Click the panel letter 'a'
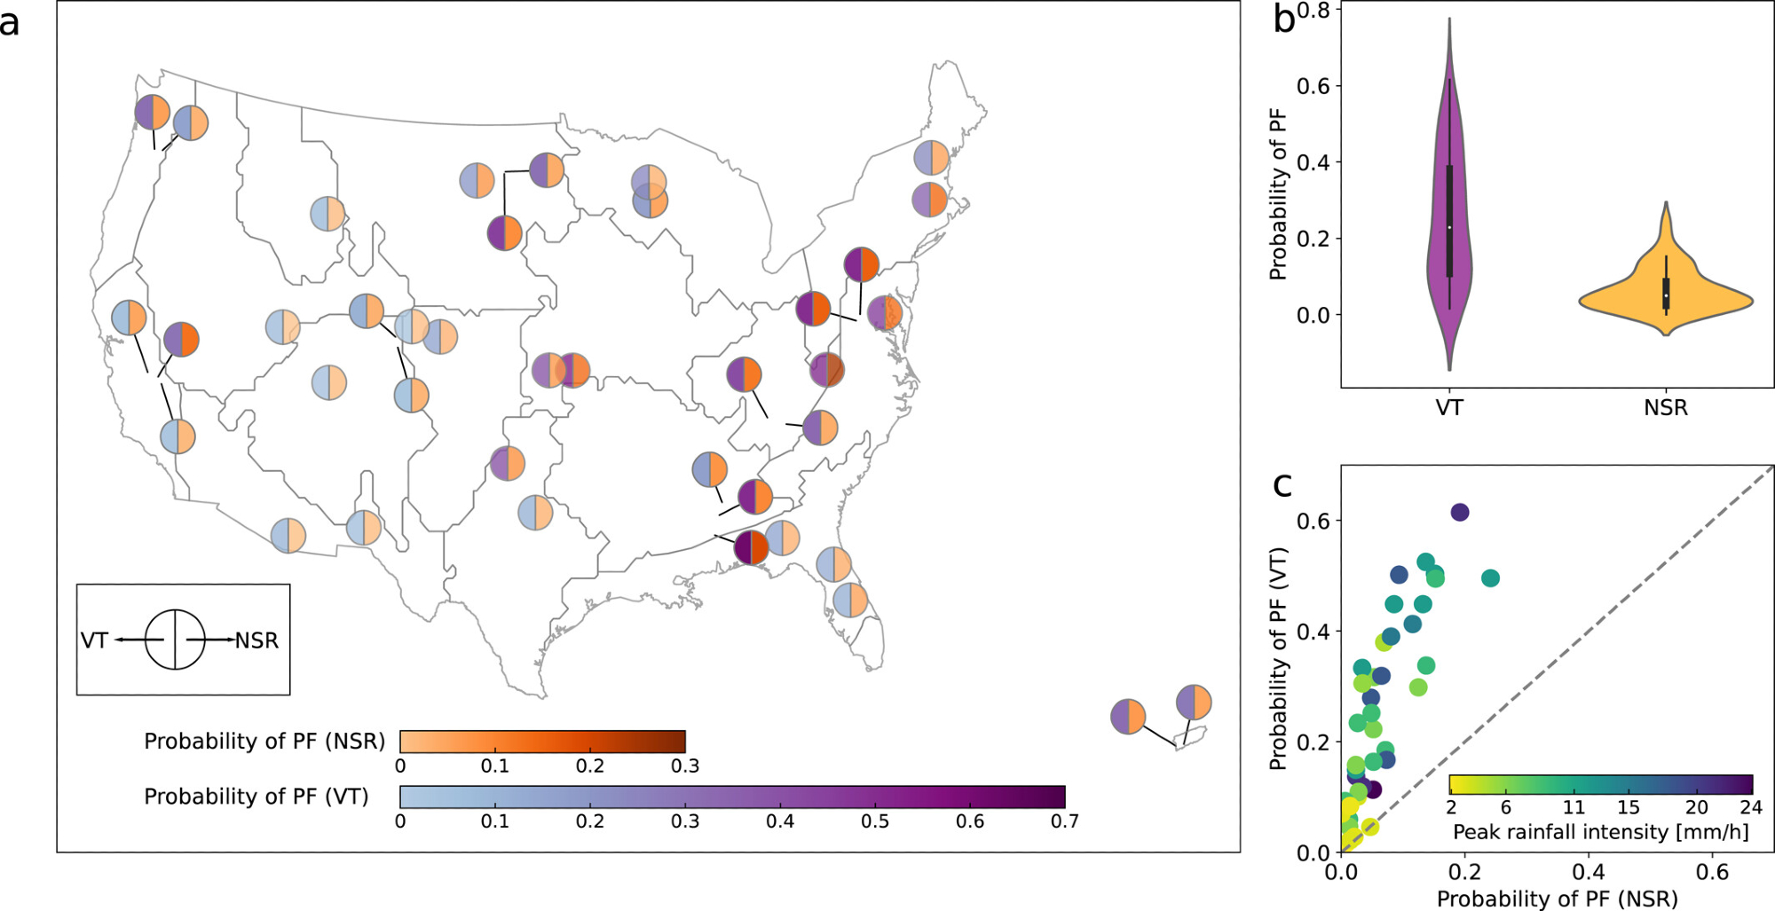click(x=10, y=23)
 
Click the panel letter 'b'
click(x=1283, y=20)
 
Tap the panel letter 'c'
click(x=1282, y=485)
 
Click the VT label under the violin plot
click(x=1449, y=408)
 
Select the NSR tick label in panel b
click(x=1665, y=408)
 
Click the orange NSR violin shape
click(x=1665, y=297)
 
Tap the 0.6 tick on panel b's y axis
click(x=1313, y=86)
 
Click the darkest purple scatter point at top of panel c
click(x=1460, y=512)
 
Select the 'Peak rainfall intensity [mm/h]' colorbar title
click(x=1600, y=832)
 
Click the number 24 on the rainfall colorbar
click(x=1750, y=807)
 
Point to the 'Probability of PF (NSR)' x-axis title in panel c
click(x=1558, y=899)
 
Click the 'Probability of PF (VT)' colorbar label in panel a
click(x=256, y=797)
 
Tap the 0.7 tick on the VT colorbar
click(x=1064, y=821)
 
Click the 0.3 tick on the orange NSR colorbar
click(x=684, y=766)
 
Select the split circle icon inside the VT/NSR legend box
click(x=175, y=640)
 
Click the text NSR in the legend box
click(x=256, y=640)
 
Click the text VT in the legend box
click(x=94, y=640)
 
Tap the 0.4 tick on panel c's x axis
click(x=1588, y=873)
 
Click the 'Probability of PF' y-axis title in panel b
click(x=1278, y=194)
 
